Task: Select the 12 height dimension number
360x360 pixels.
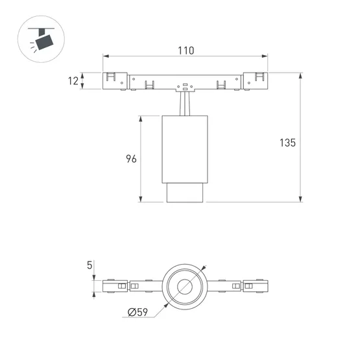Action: (x=73, y=81)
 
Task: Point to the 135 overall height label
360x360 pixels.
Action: (x=286, y=142)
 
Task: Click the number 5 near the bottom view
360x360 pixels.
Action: (x=89, y=265)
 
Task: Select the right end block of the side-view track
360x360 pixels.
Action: (x=256, y=80)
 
